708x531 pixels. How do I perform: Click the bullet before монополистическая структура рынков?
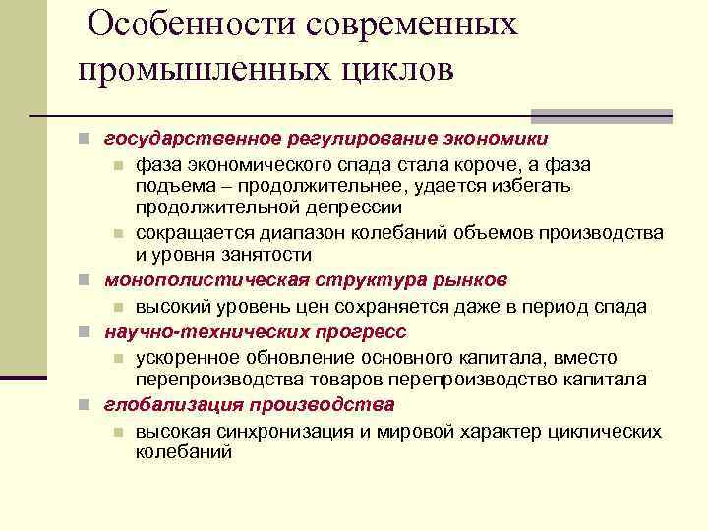click(87, 281)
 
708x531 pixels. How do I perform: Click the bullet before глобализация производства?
click(87, 405)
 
